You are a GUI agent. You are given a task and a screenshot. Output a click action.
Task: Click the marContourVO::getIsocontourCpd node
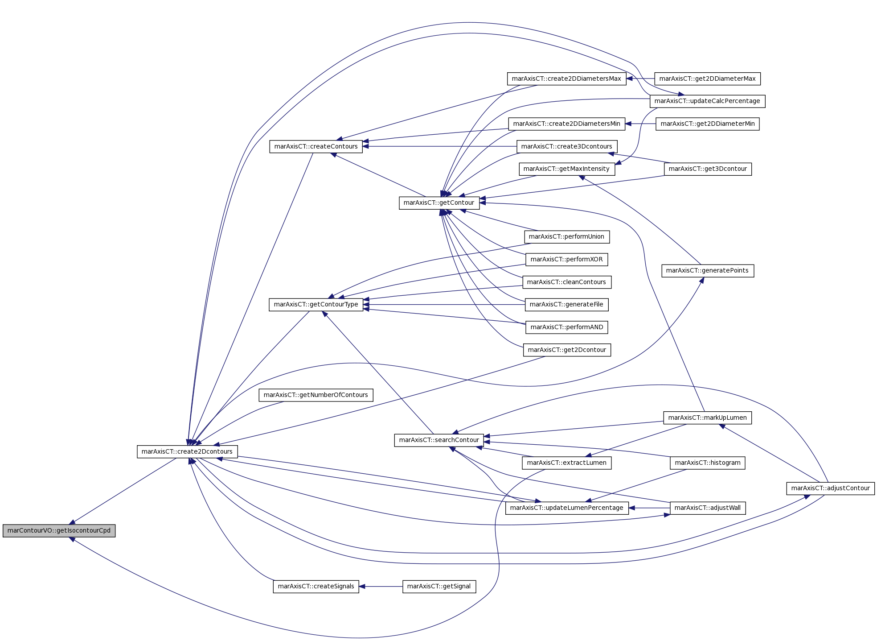(59, 530)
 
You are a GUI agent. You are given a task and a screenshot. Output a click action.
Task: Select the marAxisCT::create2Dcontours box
(187, 451)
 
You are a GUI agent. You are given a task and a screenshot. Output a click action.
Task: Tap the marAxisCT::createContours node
(316, 146)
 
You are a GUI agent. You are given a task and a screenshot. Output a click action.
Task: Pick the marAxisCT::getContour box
(439, 203)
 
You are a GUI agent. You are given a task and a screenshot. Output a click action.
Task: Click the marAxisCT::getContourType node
(316, 304)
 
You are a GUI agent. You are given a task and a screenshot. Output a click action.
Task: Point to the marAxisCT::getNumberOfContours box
(316, 395)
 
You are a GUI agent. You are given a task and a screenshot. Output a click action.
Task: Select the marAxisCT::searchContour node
(439, 440)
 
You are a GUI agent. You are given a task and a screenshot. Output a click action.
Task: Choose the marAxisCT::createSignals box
(316, 586)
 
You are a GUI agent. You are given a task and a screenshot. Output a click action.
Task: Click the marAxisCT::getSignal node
(439, 586)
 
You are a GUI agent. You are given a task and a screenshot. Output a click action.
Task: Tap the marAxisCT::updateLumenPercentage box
(567, 508)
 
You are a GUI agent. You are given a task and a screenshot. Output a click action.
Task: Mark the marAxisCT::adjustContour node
(831, 488)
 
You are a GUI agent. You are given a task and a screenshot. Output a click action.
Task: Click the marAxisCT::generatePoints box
(708, 270)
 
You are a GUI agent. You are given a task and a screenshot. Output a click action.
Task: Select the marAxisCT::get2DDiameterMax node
(708, 79)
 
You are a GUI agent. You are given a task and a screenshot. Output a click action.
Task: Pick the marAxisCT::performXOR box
(567, 259)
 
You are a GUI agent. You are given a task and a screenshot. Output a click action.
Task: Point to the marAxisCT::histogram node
(708, 463)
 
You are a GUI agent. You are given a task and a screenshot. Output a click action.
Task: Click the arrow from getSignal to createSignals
(381, 586)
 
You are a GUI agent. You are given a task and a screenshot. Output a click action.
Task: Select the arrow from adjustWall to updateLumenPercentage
(649, 508)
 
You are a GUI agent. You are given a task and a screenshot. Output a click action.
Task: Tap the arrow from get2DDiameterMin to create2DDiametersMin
(640, 124)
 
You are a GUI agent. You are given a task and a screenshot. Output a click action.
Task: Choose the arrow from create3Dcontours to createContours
(440, 146)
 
